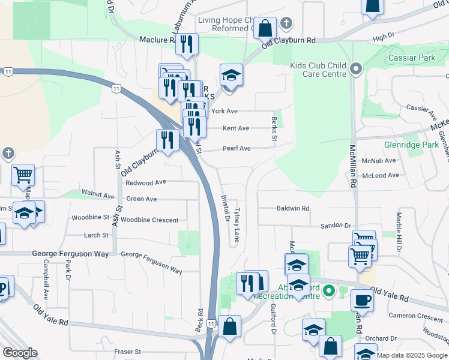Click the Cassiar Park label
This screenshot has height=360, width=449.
pyautogui.click(x=412, y=58)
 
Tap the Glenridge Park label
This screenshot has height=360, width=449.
pyautogui.click(x=412, y=145)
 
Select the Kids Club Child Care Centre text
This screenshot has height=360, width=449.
pyautogui.click(x=319, y=70)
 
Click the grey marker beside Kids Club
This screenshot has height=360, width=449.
pyautogui.click(x=356, y=69)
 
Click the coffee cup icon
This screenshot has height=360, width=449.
pyautogui.click(x=362, y=300)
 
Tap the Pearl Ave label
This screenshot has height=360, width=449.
pyautogui.click(x=237, y=148)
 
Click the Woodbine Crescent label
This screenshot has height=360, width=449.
pyautogui.click(x=149, y=220)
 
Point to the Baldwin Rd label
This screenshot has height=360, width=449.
pyautogui.click(x=293, y=208)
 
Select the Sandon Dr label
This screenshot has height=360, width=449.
pyautogui.click(x=335, y=225)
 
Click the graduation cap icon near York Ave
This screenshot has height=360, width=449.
pyautogui.click(x=231, y=75)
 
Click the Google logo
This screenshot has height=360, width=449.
pyautogui.click(x=20, y=353)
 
